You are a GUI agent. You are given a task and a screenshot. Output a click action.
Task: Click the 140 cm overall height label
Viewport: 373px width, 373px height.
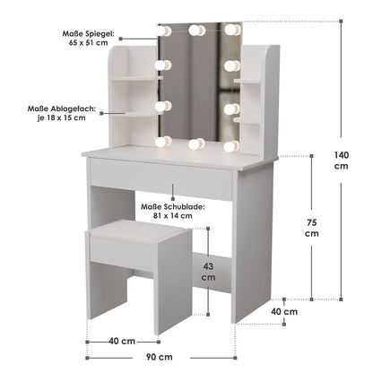pyautogui.click(x=342, y=160)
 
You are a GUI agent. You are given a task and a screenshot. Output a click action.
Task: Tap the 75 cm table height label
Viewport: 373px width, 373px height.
pyautogui.click(x=312, y=228)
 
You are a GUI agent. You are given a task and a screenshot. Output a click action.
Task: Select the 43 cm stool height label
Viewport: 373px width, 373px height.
pyautogui.click(x=208, y=272)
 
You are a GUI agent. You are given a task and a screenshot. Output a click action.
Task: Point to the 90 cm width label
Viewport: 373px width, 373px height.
pyautogui.click(x=160, y=357)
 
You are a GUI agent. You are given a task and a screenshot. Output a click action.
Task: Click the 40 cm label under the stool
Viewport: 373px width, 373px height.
pyautogui.click(x=122, y=341)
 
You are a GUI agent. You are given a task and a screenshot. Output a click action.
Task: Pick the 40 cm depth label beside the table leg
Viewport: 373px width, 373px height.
pyautogui.click(x=284, y=311)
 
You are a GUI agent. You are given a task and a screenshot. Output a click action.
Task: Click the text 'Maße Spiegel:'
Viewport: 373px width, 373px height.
pyautogui.click(x=88, y=33)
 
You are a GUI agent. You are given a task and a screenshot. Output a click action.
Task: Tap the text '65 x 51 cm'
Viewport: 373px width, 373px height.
pyautogui.click(x=89, y=42)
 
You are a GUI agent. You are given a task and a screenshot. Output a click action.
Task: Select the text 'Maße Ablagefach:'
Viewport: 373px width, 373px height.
pyautogui.click(x=62, y=108)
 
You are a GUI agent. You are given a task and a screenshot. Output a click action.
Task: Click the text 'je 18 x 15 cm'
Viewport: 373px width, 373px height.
pyautogui.click(x=61, y=117)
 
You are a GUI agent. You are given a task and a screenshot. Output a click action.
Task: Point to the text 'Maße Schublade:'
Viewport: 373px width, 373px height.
pyautogui.click(x=173, y=207)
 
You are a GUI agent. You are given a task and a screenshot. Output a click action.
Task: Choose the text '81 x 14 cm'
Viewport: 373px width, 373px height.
pyautogui.click(x=173, y=215)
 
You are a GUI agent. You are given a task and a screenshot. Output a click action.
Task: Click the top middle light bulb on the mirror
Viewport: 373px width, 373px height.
pyautogui.click(x=196, y=30)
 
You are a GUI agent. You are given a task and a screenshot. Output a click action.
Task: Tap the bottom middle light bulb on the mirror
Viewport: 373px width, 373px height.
pyautogui.click(x=196, y=144)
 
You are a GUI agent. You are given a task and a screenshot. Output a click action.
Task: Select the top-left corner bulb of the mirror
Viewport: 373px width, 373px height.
pyautogui.click(x=164, y=30)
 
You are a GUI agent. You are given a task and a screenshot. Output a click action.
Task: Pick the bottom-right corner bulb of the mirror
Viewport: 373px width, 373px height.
pyautogui.click(x=231, y=146)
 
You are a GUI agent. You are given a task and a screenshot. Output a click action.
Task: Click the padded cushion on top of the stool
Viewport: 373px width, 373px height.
pyautogui.click(x=138, y=232)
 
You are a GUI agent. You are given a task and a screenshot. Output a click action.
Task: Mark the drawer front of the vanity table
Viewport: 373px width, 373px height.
pyautogui.click(x=160, y=178)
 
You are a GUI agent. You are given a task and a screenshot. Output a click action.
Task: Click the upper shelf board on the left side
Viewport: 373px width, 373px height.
pyautogui.click(x=134, y=79)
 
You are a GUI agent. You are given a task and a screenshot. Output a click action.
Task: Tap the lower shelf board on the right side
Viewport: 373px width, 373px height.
pyautogui.click(x=247, y=120)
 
